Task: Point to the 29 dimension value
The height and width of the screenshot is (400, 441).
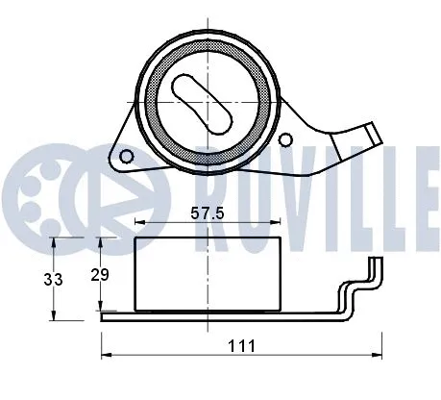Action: [99, 275]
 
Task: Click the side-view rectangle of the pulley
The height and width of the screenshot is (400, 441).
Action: [207, 275]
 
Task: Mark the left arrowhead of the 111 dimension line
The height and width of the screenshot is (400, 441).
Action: [105, 353]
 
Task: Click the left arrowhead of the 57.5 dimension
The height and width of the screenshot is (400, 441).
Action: [138, 222]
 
